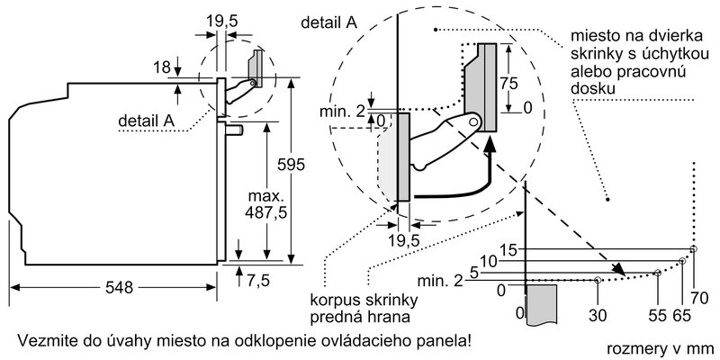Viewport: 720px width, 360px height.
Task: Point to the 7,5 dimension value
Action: (x=258, y=279)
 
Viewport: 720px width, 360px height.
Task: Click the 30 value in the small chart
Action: (x=598, y=317)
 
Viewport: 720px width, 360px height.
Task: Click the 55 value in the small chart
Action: (x=656, y=317)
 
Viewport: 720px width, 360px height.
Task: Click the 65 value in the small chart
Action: (x=680, y=317)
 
